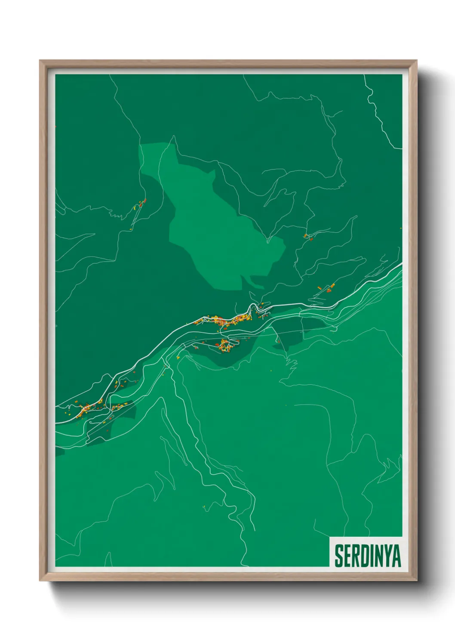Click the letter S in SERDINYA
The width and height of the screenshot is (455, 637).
[339, 556]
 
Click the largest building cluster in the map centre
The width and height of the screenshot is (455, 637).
[224, 321]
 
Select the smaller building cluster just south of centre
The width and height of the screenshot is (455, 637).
[225, 345]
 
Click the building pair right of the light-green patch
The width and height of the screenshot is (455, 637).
[306, 236]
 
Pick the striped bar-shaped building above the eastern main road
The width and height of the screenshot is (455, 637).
[320, 287]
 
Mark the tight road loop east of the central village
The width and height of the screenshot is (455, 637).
[260, 306]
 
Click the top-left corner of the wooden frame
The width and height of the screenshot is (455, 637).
[40, 61]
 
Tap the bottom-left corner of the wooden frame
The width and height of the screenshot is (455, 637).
[40, 581]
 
